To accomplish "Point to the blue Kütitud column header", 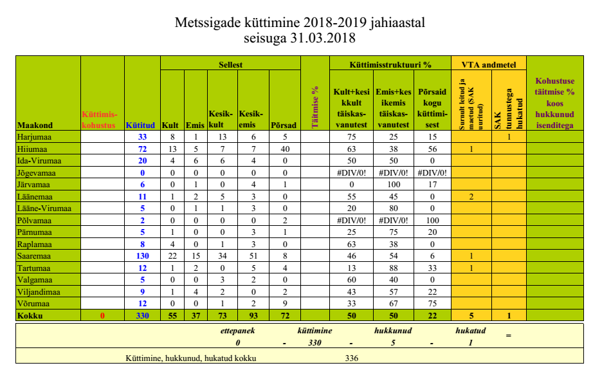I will (141, 125).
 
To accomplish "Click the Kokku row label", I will (32, 317).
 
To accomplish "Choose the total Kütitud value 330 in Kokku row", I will (142, 317).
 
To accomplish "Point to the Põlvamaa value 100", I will (432, 221).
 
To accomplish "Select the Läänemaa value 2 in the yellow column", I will (471, 197).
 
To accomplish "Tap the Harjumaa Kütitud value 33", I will (142, 137).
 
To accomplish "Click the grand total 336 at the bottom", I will (351, 358).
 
